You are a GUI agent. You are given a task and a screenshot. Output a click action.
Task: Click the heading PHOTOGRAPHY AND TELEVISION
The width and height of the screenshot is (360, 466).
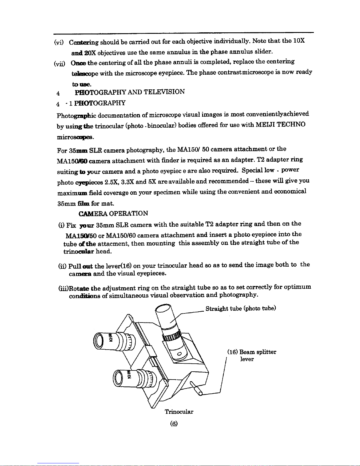click(x=130, y=92)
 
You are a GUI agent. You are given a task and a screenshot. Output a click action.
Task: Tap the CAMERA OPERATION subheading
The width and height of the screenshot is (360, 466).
click(x=113, y=213)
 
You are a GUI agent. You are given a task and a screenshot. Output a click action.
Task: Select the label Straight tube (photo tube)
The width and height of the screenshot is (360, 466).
click(x=241, y=308)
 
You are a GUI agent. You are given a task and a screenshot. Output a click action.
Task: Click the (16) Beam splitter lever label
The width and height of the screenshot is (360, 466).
click(x=252, y=355)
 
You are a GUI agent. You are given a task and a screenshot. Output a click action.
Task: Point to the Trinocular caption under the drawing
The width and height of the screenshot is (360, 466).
click(x=179, y=412)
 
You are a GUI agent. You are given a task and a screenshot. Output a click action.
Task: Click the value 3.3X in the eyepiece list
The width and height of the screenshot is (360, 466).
click(x=128, y=182)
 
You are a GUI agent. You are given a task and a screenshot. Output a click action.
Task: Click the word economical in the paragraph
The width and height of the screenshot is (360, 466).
click(x=290, y=191)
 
